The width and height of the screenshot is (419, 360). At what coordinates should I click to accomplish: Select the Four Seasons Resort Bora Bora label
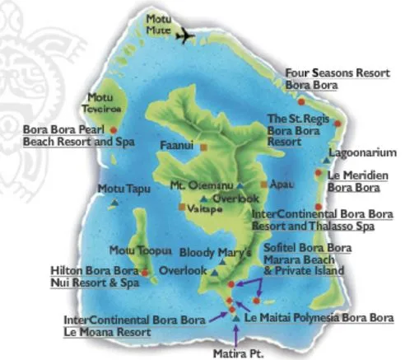[x=337, y=78]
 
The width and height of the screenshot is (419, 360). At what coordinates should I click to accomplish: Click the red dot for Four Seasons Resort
[x=301, y=101]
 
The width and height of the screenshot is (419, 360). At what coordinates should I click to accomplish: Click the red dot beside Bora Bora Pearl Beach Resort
[x=113, y=130]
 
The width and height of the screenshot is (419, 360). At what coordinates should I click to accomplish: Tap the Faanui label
[x=176, y=146]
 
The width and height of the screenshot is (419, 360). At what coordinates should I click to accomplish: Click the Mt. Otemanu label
[x=201, y=185]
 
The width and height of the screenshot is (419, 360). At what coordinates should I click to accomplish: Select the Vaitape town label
[x=205, y=209]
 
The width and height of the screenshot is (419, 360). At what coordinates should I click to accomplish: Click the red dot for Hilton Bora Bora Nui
[x=145, y=271]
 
